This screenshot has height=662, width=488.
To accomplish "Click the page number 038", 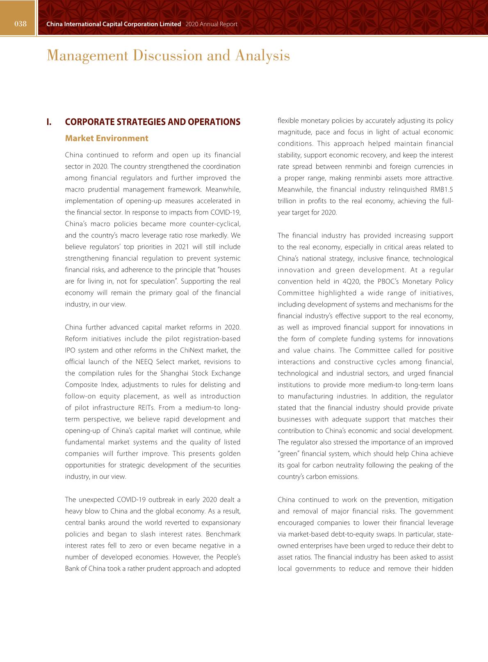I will (x=20, y=24).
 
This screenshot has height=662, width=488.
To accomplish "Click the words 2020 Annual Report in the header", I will (x=211, y=24).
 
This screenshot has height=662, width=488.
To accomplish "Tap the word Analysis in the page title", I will (x=262, y=55).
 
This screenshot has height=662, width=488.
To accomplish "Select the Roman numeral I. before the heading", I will (x=49, y=122).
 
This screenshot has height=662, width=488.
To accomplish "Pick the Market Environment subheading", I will (x=107, y=139).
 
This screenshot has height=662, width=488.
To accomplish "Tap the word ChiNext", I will (x=191, y=350).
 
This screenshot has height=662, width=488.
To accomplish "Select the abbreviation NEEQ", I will (x=144, y=362).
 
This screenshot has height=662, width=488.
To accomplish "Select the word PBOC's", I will (x=393, y=281).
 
